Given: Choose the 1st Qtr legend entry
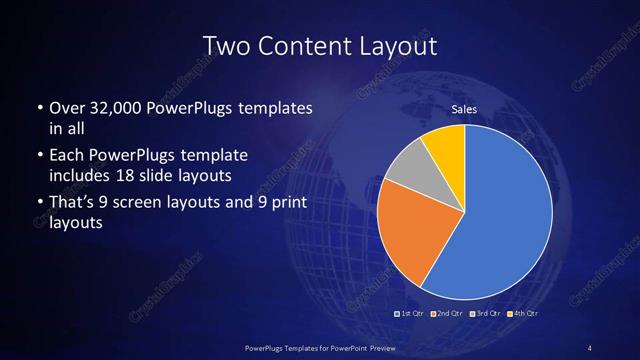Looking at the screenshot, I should point(411,314).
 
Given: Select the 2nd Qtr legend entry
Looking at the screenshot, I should point(446,314).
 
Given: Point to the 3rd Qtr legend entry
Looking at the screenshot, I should point(485,314).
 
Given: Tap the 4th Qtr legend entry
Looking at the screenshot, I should point(522,314).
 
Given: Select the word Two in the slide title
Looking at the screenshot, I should point(227,46).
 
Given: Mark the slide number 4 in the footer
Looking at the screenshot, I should point(590,347).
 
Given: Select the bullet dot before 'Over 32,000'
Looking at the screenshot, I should point(38,108).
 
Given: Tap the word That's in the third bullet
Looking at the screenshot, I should point(72,204).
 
